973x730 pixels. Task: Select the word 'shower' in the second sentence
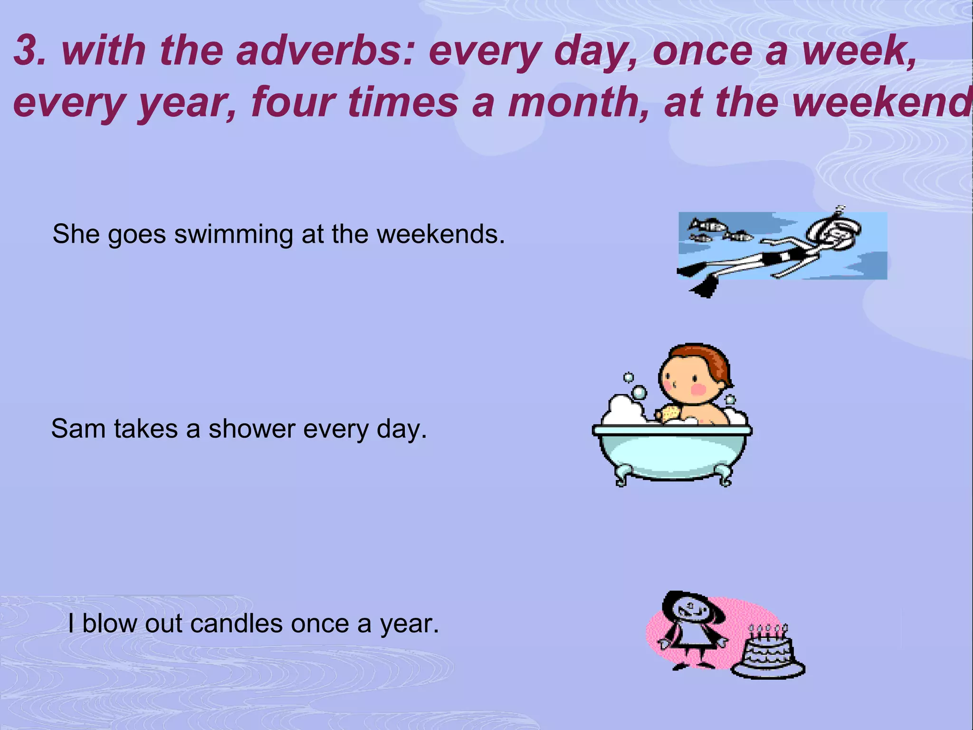pyautogui.click(x=251, y=429)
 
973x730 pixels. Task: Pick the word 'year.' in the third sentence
pyautogui.click(x=409, y=624)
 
